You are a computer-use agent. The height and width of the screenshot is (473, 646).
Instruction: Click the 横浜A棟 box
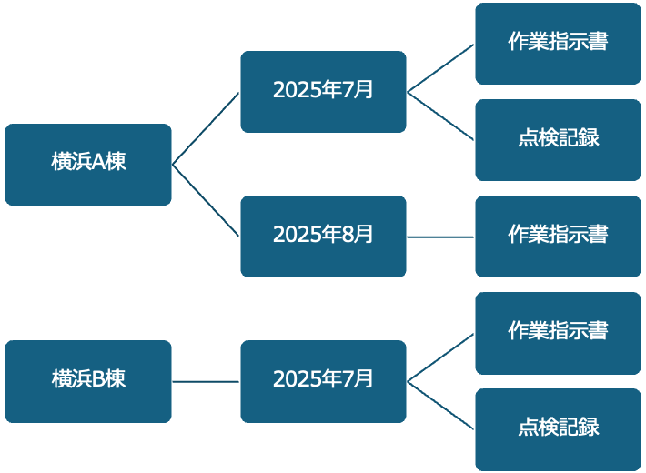click(88, 165)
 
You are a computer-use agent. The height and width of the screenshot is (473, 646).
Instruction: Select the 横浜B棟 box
click(88, 381)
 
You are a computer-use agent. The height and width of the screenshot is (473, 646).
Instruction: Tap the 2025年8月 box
click(323, 236)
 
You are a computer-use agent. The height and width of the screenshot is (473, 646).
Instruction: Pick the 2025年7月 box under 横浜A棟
click(323, 92)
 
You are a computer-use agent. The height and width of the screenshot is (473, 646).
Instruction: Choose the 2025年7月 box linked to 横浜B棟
click(323, 381)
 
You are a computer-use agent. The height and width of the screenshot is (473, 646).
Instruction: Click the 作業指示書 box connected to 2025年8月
click(558, 236)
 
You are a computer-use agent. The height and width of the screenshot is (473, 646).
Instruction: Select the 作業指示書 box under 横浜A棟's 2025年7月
click(558, 44)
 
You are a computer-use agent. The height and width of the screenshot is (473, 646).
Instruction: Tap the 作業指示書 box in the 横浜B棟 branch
click(558, 333)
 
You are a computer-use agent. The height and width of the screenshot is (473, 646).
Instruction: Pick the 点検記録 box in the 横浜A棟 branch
click(558, 140)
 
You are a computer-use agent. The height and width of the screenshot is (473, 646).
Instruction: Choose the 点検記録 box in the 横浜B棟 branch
click(558, 429)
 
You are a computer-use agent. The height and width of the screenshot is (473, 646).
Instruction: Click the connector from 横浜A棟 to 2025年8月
click(206, 200)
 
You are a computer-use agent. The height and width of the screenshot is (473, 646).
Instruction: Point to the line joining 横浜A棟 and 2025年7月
click(206, 128)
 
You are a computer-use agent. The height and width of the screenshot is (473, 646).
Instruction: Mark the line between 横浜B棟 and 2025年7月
click(206, 381)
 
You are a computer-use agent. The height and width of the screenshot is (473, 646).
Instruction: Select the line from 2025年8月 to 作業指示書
click(440, 236)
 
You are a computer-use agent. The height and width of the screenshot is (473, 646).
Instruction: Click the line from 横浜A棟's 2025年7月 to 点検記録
click(440, 116)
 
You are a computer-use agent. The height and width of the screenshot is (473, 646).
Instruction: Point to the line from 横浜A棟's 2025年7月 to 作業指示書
click(440, 68)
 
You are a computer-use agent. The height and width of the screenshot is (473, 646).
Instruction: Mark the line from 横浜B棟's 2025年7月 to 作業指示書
click(440, 357)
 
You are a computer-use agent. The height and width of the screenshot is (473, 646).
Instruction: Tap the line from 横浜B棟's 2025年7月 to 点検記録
click(440, 405)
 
